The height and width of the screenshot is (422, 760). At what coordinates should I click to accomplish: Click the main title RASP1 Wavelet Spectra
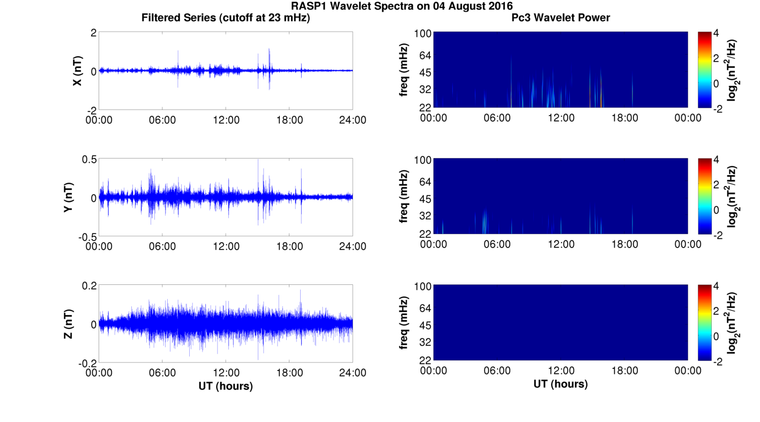click(x=401, y=6)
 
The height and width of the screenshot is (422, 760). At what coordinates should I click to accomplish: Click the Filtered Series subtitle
click(x=226, y=18)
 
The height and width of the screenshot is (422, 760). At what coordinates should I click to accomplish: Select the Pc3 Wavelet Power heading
click(x=561, y=18)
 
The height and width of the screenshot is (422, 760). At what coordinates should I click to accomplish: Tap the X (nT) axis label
click(x=78, y=71)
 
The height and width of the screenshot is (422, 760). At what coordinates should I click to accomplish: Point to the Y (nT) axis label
click(x=68, y=198)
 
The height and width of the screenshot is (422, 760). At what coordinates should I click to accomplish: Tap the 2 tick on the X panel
click(x=93, y=33)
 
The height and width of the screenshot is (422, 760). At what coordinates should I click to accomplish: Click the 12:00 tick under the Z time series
click(x=226, y=373)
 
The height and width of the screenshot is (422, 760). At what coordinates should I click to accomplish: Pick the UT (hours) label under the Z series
click(x=226, y=386)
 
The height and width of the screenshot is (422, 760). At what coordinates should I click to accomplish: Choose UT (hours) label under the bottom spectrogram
click(x=561, y=384)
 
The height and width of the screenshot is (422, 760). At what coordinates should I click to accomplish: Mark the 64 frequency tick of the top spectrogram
click(x=422, y=55)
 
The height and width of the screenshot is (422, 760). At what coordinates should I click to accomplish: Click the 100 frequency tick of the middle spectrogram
click(x=422, y=160)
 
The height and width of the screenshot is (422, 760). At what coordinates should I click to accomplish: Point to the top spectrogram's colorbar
click(x=704, y=70)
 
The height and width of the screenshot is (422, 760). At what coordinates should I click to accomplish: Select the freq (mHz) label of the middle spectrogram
click(x=404, y=197)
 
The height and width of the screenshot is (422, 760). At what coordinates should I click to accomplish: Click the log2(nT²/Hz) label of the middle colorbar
click(x=732, y=197)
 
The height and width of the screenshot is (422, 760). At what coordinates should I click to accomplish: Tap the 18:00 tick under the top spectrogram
click(x=624, y=118)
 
